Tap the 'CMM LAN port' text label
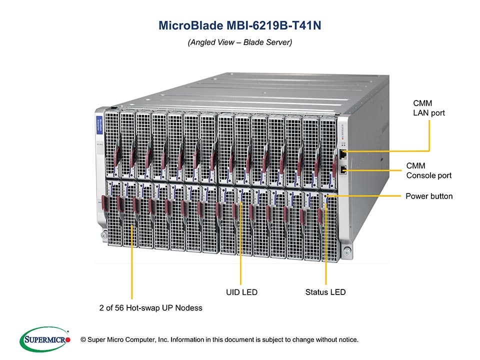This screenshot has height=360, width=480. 428,108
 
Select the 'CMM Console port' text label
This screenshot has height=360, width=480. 428,170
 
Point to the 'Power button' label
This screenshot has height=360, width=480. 428,196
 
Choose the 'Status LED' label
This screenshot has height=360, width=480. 325,292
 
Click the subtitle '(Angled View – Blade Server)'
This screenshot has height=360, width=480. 239,43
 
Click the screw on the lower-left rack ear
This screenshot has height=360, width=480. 102,234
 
